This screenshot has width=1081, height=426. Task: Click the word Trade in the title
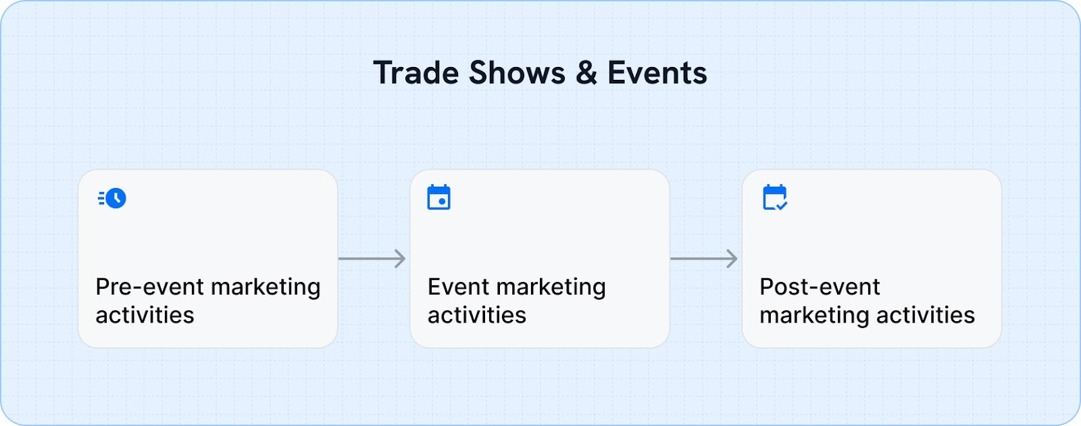416,73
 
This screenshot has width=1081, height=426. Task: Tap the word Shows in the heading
517,73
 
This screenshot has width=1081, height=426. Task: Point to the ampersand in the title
586,73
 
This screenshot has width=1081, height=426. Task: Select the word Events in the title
657,73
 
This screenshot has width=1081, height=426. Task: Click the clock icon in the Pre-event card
116,198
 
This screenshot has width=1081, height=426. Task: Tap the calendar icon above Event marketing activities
438,197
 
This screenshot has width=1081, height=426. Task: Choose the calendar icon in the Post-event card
774,197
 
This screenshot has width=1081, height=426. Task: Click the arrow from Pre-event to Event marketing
372,258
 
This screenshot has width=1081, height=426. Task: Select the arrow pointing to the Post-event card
703,258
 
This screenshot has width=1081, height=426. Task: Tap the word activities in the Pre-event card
145,315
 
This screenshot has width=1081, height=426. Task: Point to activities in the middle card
476,315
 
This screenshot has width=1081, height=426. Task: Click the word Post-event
820,287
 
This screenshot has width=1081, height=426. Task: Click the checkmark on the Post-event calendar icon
782,205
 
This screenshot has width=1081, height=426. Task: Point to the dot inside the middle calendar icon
442,202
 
